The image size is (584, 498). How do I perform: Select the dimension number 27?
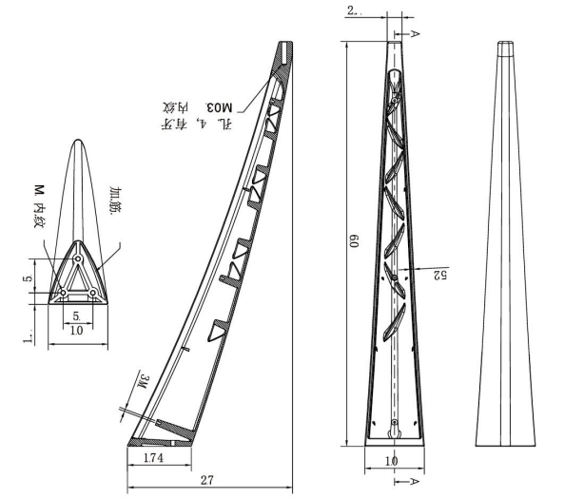(205, 480)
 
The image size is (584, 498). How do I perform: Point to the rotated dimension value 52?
(438, 275)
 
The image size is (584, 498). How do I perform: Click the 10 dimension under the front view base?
(390, 460)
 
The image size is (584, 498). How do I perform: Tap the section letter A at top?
(417, 33)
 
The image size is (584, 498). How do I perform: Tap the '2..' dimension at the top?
(353, 10)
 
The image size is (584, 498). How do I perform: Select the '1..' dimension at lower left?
(29, 335)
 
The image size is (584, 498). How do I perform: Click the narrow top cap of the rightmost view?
(506, 48)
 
